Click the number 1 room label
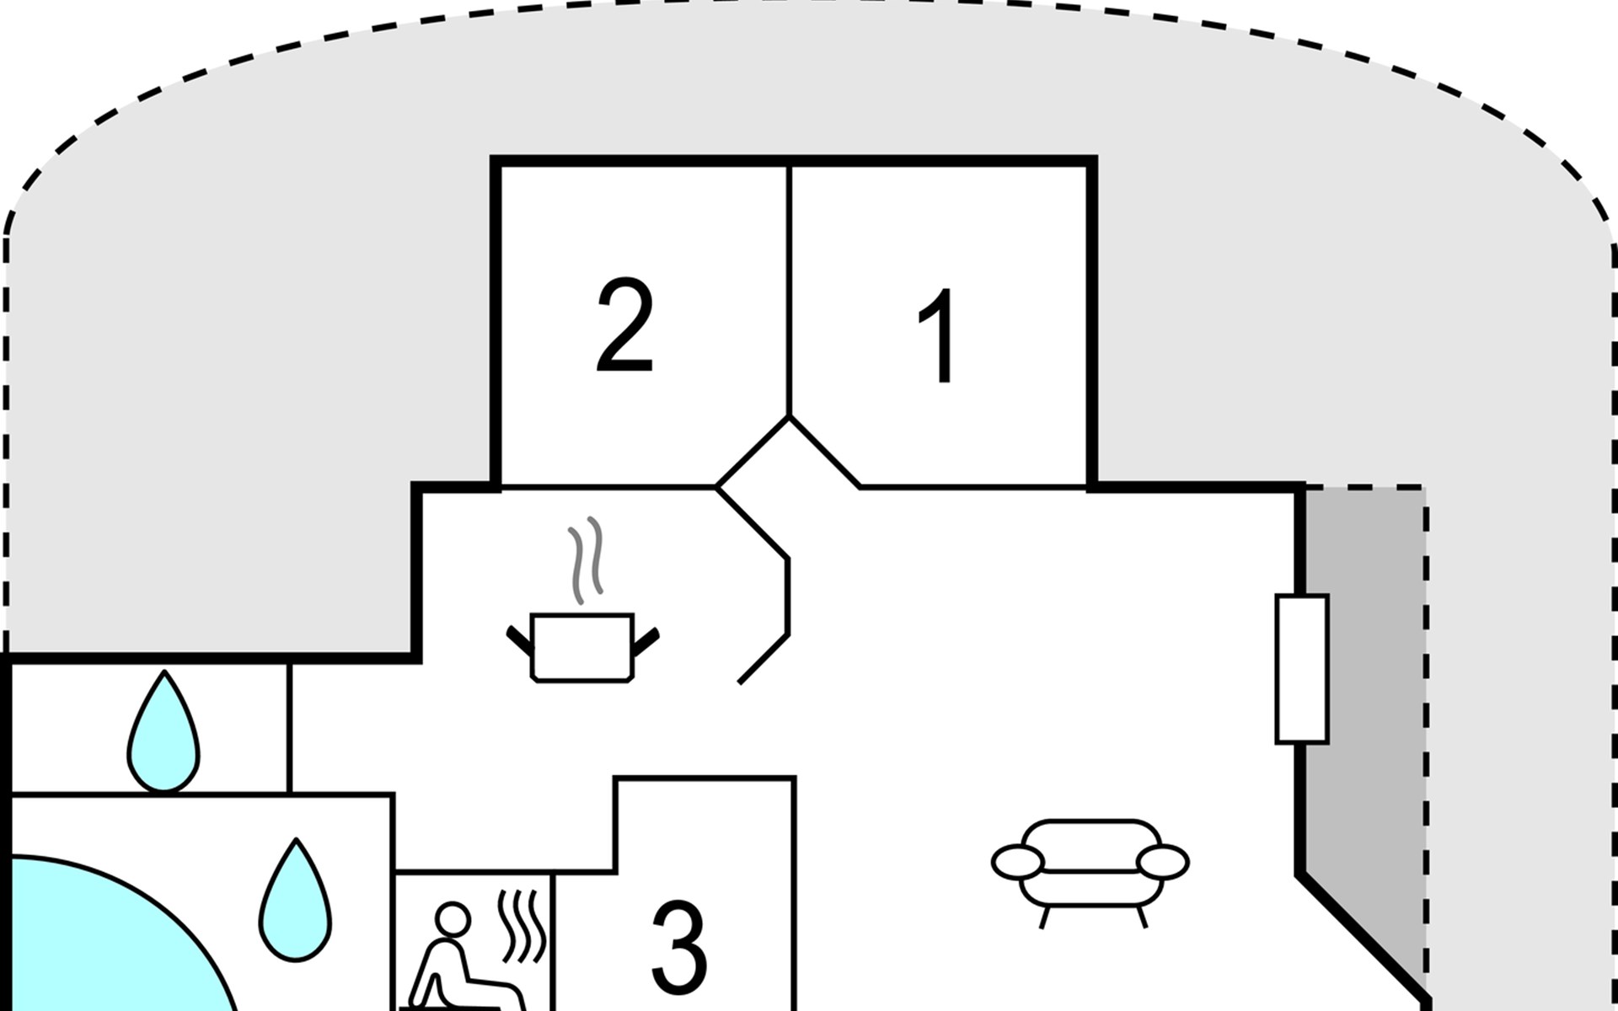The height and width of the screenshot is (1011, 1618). coord(938,336)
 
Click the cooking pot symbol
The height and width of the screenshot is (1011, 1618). coord(582,647)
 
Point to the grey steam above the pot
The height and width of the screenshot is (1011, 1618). coord(586,560)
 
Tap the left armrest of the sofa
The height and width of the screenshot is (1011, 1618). coord(1018,862)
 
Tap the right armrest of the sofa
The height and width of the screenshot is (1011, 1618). coord(1163,862)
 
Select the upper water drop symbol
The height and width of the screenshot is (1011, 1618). coord(164,733)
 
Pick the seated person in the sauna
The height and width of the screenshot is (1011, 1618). coord(459,960)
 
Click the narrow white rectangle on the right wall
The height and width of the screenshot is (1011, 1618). coord(1302,669)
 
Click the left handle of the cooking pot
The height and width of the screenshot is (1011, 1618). coord(521,640)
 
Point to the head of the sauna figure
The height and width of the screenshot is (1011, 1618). coord(453,918)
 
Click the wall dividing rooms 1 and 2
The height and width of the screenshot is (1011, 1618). coord(790,290)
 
